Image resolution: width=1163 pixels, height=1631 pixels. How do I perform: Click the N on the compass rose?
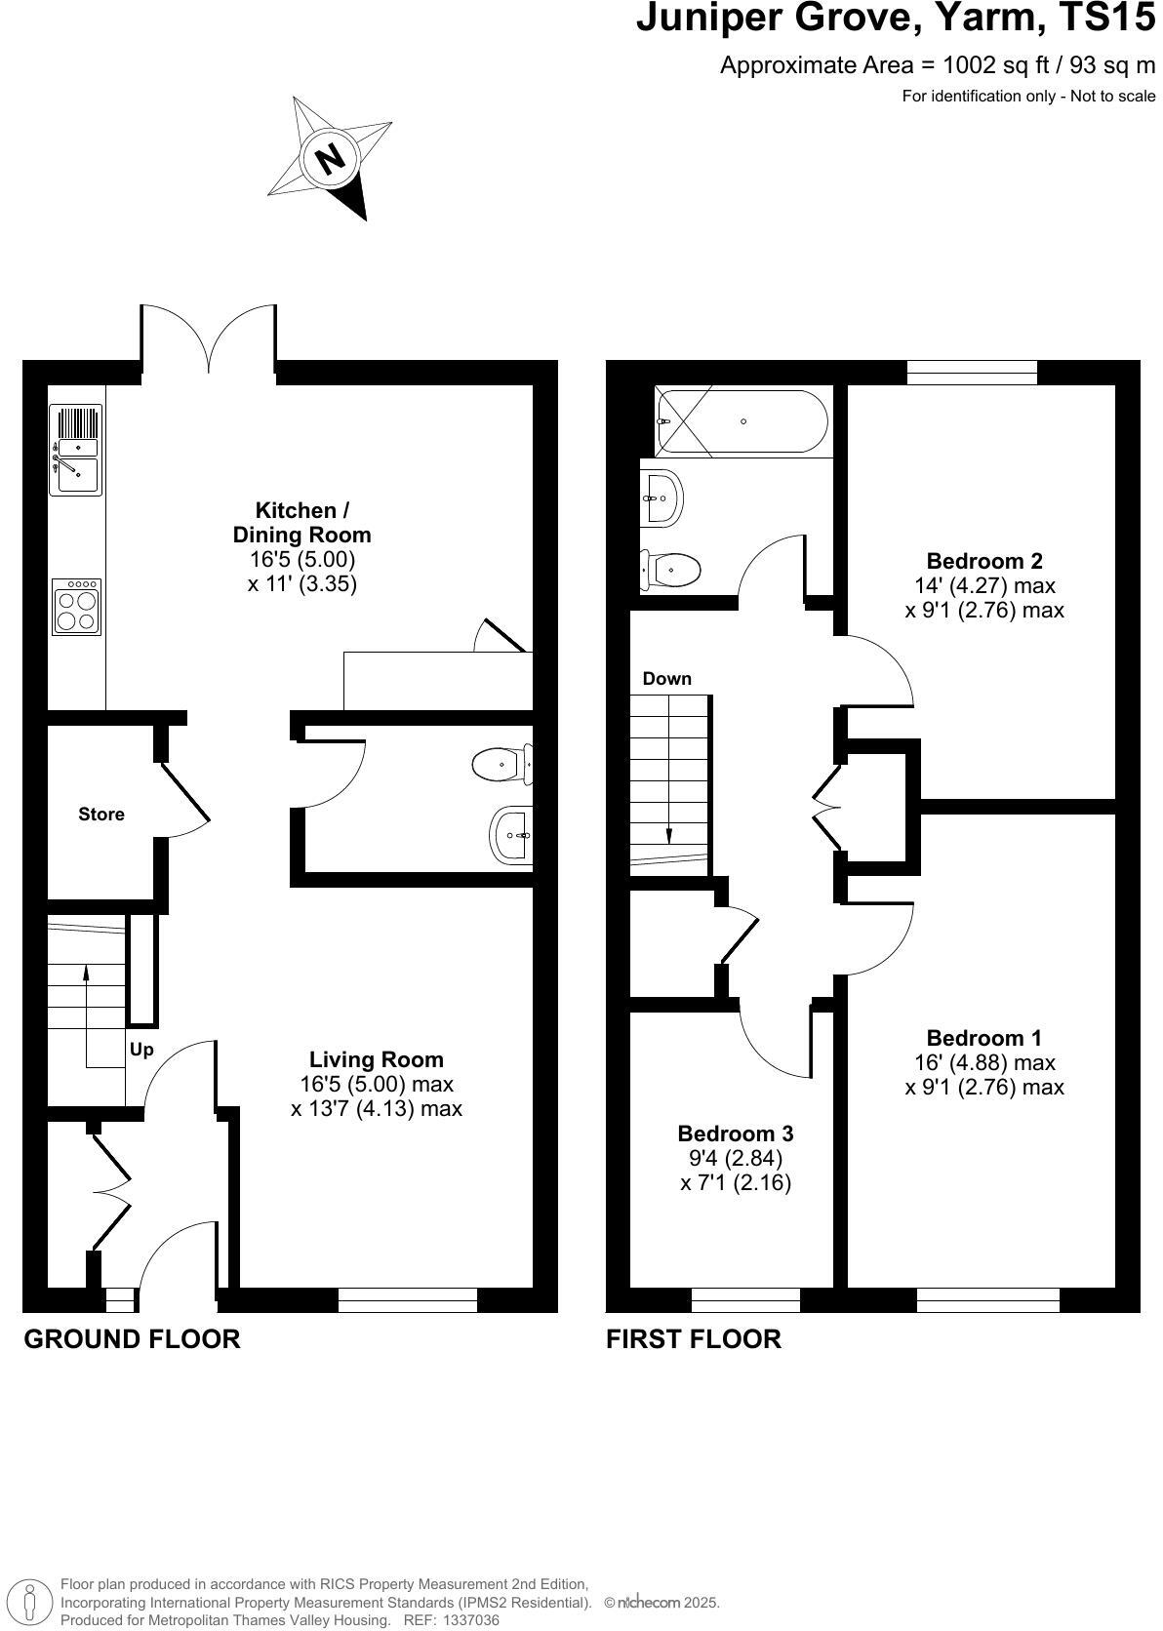[333, 157]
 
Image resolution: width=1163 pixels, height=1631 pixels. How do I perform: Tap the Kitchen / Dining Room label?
[301, 522]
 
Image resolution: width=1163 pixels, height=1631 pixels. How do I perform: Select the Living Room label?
[376, 1059]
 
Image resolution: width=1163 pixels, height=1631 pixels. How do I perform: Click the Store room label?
[101, 814]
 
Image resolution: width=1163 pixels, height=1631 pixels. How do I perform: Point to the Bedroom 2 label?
[983, 561]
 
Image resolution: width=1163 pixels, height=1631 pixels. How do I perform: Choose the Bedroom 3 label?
[735, 1134]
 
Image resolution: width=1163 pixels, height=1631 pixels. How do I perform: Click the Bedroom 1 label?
[983, 1038]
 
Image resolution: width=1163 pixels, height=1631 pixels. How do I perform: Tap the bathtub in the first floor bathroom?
[742, 421]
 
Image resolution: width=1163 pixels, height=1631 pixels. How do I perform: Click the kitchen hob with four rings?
[77, 607]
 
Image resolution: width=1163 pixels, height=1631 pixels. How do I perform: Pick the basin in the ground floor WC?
[510, 835]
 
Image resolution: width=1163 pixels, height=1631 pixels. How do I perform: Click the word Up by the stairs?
[141, 1051]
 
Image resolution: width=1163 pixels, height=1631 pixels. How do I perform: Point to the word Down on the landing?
[666, 679]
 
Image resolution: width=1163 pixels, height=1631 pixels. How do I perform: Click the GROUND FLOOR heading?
[132, 1339]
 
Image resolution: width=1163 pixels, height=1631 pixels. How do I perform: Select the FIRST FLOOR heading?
[693, 1339]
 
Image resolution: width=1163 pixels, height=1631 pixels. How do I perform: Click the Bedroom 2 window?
[971, 372]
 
